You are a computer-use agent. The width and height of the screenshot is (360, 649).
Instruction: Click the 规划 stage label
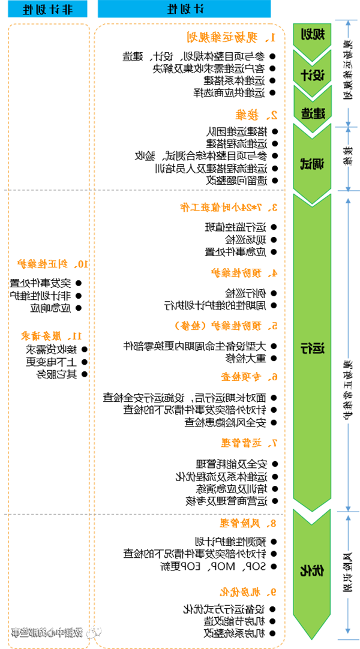tap(312, 35)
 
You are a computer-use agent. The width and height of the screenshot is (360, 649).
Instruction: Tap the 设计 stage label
tap(312, 75)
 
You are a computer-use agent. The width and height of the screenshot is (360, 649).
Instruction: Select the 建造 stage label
tap(312, 113)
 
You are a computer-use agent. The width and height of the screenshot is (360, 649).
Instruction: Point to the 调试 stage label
tap(312, 163)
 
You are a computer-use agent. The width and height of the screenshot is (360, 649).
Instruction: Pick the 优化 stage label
tap(312, 570)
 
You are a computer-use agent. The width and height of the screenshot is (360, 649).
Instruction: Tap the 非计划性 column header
tap(48, 10)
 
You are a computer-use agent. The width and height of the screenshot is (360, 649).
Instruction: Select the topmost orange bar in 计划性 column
tap(228, 37)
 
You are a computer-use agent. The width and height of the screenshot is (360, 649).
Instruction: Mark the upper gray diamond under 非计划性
tap(48, 190)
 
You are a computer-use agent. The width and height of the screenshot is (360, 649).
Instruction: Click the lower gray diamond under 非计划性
tap(48, 513)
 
